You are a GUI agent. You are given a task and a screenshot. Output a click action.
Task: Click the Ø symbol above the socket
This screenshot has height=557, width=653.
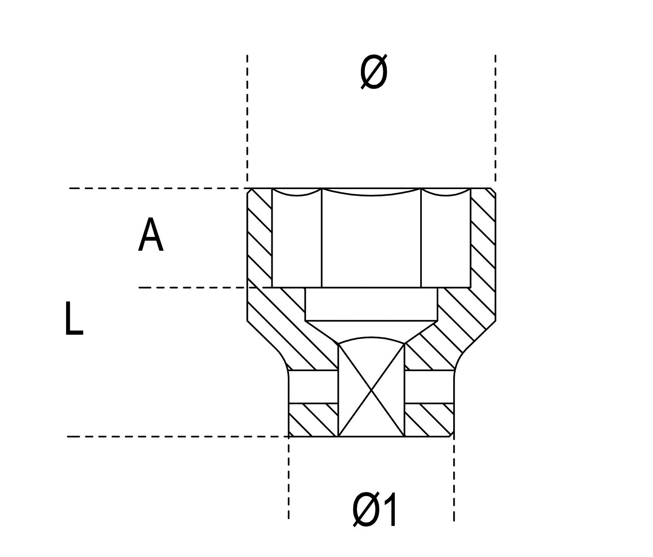click(x=373, y=72)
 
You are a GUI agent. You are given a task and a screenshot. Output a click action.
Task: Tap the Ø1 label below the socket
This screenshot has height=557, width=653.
click(x=375, y=510)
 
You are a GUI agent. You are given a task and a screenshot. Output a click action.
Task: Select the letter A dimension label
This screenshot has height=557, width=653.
click(x=151, y=235)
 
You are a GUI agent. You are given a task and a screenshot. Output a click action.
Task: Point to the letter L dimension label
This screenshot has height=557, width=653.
click(x=74, y=319)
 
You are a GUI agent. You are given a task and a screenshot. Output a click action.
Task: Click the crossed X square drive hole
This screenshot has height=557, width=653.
click(x=371, y=390)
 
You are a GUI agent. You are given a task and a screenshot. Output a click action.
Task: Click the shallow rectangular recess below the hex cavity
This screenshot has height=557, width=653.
click(x=371, y=304)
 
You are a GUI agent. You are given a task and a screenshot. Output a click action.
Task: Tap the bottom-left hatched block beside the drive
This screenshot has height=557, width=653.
click(x=313, y=420)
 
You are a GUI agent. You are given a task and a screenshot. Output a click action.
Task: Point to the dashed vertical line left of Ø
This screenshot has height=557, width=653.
click(x=247, y=119)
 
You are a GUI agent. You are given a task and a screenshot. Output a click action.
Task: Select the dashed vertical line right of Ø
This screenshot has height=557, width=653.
click(x=496, y=119)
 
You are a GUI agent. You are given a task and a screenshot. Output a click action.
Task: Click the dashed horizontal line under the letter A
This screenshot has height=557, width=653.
click(x=193, y=288)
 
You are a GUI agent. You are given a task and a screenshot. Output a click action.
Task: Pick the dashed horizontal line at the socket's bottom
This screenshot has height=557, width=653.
click(x=177, y=437)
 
